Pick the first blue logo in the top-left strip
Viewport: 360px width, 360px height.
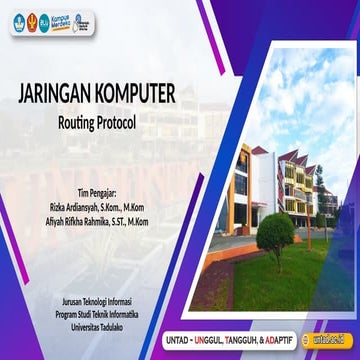tap(20, 21)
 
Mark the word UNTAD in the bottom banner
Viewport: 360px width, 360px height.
tap(179, 341)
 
